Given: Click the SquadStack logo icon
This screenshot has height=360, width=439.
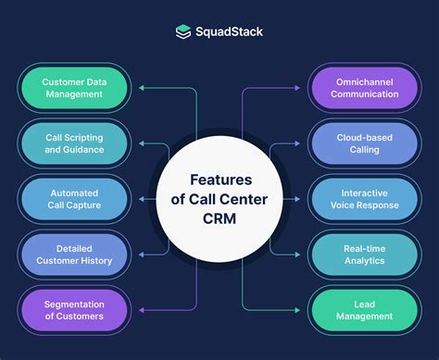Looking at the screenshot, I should click(x=183, y=31).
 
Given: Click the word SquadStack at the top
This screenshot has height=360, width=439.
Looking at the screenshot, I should click(x=228, y=31).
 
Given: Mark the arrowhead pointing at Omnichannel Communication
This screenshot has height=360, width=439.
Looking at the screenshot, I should click(x=299, y=89).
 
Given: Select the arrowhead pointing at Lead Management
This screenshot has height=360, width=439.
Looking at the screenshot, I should click(x=299, y=310).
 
